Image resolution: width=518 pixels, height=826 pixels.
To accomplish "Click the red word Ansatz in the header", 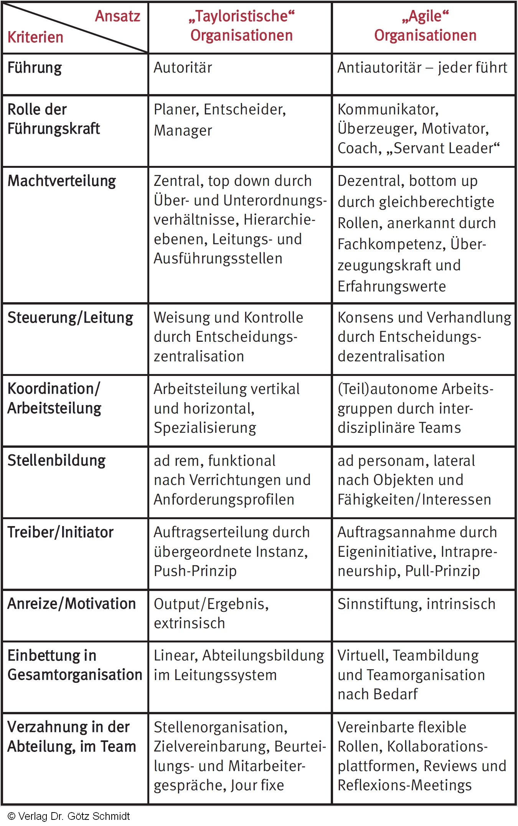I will [117, 17].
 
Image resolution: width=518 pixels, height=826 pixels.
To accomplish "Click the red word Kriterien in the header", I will [35, 38].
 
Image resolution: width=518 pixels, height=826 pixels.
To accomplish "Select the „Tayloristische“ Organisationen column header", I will [241, 26].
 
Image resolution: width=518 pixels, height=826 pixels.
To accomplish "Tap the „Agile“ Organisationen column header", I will [425, 26].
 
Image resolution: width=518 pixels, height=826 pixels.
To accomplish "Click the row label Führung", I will [35, 68].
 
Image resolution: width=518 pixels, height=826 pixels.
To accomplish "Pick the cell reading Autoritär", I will [183, 68].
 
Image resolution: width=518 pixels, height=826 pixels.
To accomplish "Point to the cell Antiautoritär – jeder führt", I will [422, 68].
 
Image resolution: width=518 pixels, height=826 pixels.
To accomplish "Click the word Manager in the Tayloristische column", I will [183, 131].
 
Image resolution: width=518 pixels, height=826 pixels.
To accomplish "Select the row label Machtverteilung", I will [62, 181].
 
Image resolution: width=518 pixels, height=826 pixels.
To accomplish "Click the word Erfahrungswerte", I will [392, 286].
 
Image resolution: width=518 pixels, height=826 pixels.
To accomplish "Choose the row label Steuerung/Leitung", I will [70, 318].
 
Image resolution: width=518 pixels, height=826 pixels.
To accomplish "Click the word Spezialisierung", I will [205, 428].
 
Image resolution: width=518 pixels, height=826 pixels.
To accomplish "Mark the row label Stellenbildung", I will [56, 460].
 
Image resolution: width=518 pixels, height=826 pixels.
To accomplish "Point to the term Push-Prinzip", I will [195, 571].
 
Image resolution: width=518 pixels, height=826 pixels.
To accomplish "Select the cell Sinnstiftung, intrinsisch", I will [417, 604].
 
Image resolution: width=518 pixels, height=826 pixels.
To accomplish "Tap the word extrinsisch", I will [190, 623].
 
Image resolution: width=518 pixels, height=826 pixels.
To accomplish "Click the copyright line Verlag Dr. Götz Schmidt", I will [69, 816].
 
